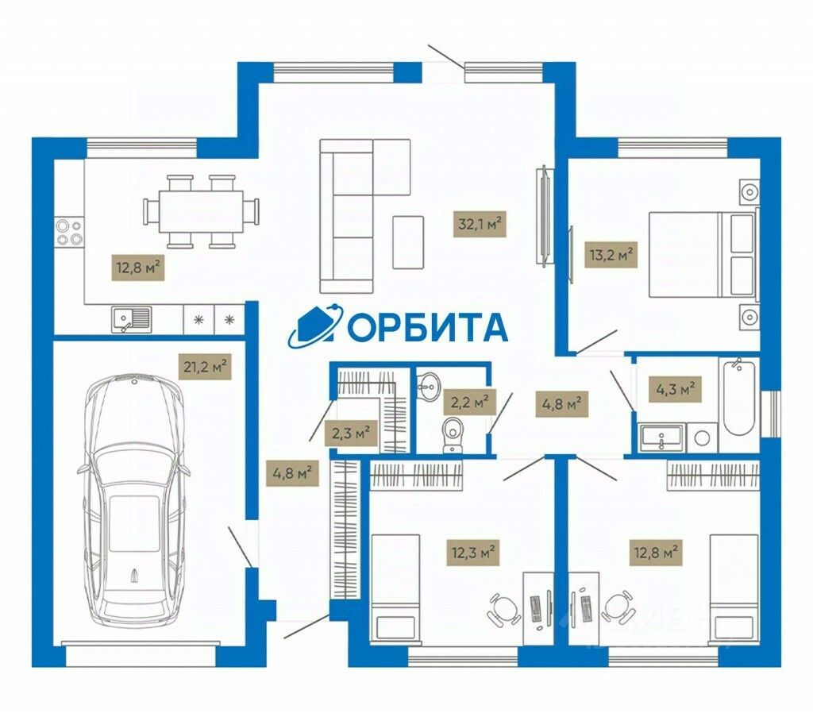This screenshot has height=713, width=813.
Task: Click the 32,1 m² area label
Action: (480, 225)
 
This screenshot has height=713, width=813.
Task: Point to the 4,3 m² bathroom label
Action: (676, 390)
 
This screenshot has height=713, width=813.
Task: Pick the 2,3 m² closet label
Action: (349, 434)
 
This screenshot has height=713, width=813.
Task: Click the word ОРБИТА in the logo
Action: (427, 326)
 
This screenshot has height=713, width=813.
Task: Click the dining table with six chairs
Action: (202, 211)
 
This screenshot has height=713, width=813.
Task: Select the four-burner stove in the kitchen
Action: (68, 230)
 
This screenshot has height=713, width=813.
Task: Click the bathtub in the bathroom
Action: (739, 396)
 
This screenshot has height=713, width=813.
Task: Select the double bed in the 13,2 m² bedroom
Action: (699, 254)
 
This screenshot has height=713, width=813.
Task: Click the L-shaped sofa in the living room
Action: (349, 214)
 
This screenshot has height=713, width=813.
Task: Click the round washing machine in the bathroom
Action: (701, 437)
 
